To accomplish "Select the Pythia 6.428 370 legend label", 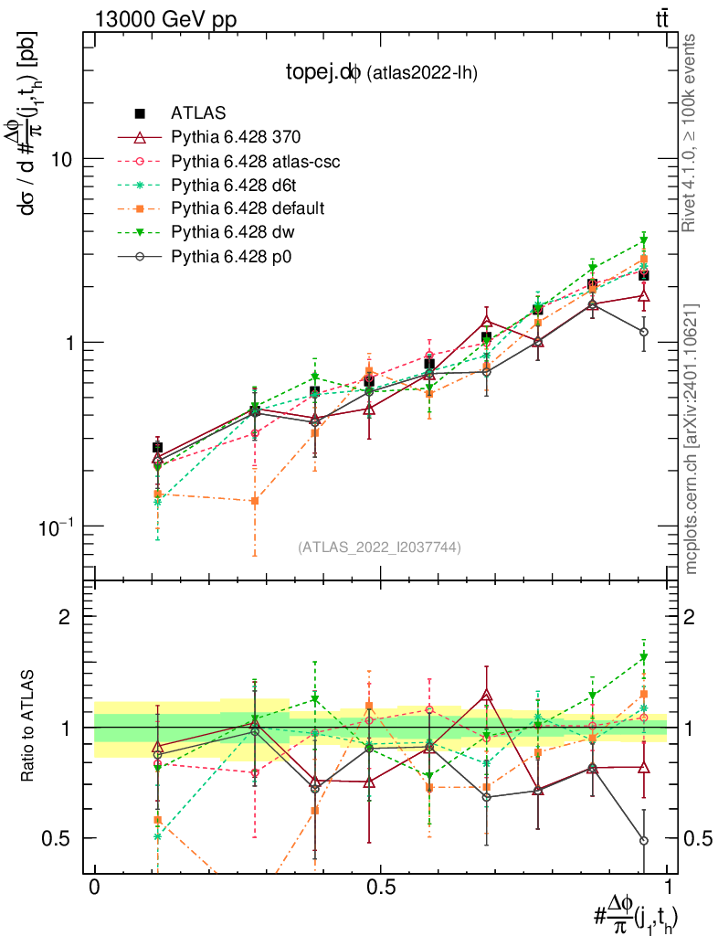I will click(236, 138).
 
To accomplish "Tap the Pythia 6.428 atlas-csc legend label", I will click(256, 162).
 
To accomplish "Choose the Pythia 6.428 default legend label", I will click(248, 209).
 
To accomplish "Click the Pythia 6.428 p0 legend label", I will click(235, 257).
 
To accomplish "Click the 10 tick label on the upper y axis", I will click(61, 159).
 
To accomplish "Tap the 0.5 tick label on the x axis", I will click(380, 888).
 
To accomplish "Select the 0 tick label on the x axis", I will click(95, 888).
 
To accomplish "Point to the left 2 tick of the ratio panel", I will click(65, 617).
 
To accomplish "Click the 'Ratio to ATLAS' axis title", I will click(28, 727).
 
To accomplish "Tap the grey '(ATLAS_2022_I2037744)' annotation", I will click(379, 548).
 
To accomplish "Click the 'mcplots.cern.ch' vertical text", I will click(692, 439).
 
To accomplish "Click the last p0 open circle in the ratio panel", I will click(644, 840).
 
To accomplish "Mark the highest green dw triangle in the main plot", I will click(644, 240).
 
